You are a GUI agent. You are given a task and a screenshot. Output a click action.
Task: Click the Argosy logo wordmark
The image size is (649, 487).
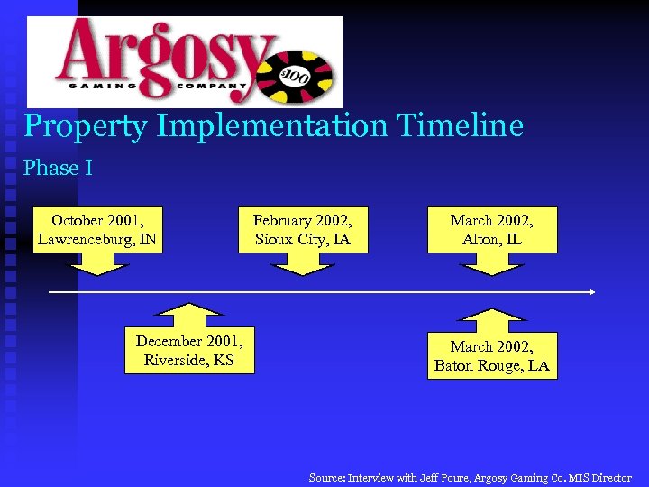coord(162,54)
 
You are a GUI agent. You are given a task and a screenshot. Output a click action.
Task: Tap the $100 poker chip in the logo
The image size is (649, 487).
coord(298,75)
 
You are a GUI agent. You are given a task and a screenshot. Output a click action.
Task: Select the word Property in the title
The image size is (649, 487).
coord(86,126)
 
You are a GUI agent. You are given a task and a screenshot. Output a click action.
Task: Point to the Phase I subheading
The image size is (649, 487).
coord(58,168)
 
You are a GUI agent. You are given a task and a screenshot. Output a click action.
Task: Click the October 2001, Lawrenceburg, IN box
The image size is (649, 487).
coord(98,229)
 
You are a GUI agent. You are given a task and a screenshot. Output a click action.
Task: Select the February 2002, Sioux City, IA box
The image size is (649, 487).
coord(302,229)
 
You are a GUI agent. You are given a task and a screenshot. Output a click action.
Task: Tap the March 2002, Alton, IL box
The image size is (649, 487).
coord(492,229)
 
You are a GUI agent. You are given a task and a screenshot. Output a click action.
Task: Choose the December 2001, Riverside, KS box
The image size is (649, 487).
coord(189,350)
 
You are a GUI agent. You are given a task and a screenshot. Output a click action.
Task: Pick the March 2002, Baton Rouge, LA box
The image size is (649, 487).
coord(492,355)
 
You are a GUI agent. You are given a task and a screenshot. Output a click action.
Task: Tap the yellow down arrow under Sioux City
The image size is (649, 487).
coord(302,263)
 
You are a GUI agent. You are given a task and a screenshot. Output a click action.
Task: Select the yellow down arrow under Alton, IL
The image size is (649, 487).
coord(492,263)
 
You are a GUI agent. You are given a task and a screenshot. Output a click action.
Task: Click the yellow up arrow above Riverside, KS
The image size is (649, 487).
coord(189,316)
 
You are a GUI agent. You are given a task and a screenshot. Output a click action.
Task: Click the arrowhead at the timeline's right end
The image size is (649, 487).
coord(591,292)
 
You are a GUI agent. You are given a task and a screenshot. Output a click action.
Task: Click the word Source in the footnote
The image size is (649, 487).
coord(327,478)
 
